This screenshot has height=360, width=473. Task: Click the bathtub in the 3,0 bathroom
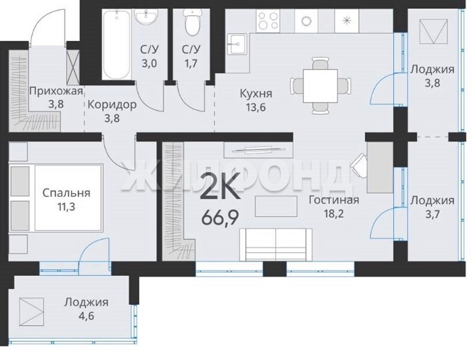tap(116, 44)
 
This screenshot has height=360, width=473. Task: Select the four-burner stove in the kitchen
tap(268, 20)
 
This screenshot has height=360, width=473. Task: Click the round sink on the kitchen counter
tap(306, 20)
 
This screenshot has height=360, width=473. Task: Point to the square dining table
tap(321, 86)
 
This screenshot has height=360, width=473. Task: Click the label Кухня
tap(256, 94)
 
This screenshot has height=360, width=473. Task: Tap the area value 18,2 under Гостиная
tap(334, 214)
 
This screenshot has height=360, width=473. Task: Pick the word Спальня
tap(66, 193)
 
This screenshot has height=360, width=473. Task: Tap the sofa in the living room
tap(276, 245)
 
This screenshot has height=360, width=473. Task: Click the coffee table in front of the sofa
tap(276, 206)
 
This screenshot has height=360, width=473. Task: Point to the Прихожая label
tap(56, 91)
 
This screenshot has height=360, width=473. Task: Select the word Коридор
tap(112, 105)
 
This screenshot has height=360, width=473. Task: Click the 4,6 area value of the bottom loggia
tap(86, 317)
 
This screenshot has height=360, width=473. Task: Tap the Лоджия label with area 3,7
tap(432, 200)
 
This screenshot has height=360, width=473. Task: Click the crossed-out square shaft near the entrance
tap(73, 66)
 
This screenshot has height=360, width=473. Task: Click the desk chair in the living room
tap(359, 165)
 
